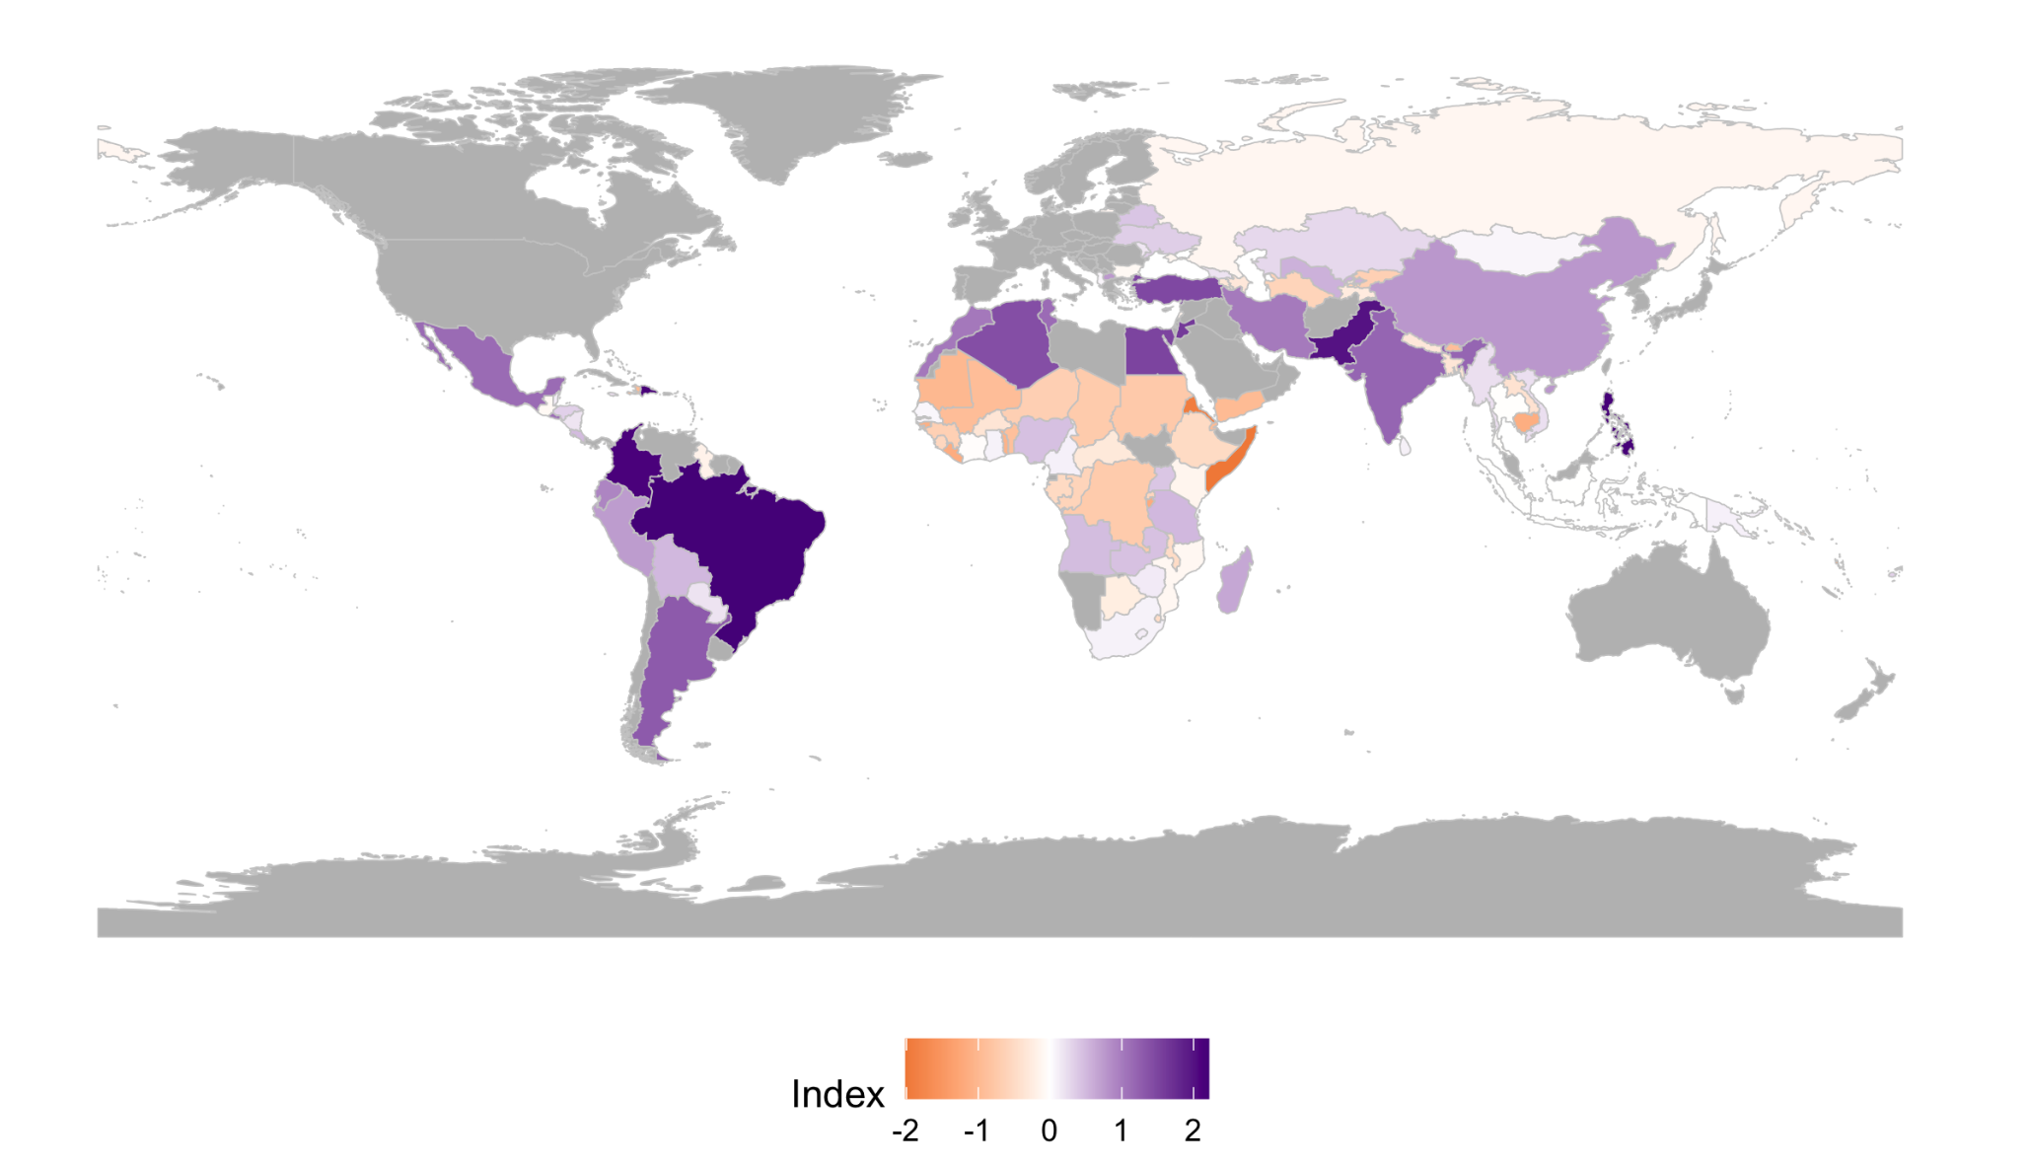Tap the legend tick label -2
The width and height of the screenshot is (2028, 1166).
tap(905, 1130)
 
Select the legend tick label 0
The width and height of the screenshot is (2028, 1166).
tap(1049, 1130)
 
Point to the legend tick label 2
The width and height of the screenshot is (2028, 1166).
tap(1193, 1130)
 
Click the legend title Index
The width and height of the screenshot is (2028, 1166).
tap(837, 1094)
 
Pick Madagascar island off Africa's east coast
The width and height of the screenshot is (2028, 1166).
tap(1236, 582)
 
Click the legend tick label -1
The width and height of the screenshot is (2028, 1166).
tap(977, 1130)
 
